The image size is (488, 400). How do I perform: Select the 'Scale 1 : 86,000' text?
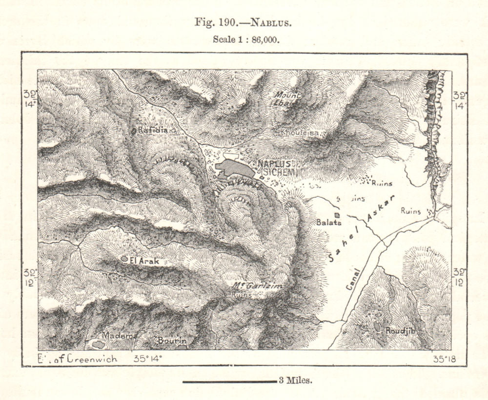click(246, 40)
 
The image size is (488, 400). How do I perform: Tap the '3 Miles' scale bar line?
click(229, 381)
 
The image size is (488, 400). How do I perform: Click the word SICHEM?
click(280, 172)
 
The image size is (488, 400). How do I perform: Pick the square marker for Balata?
click(336, 215)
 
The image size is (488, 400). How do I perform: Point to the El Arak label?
click(145, 261)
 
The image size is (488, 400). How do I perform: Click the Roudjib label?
click(401, 330)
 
